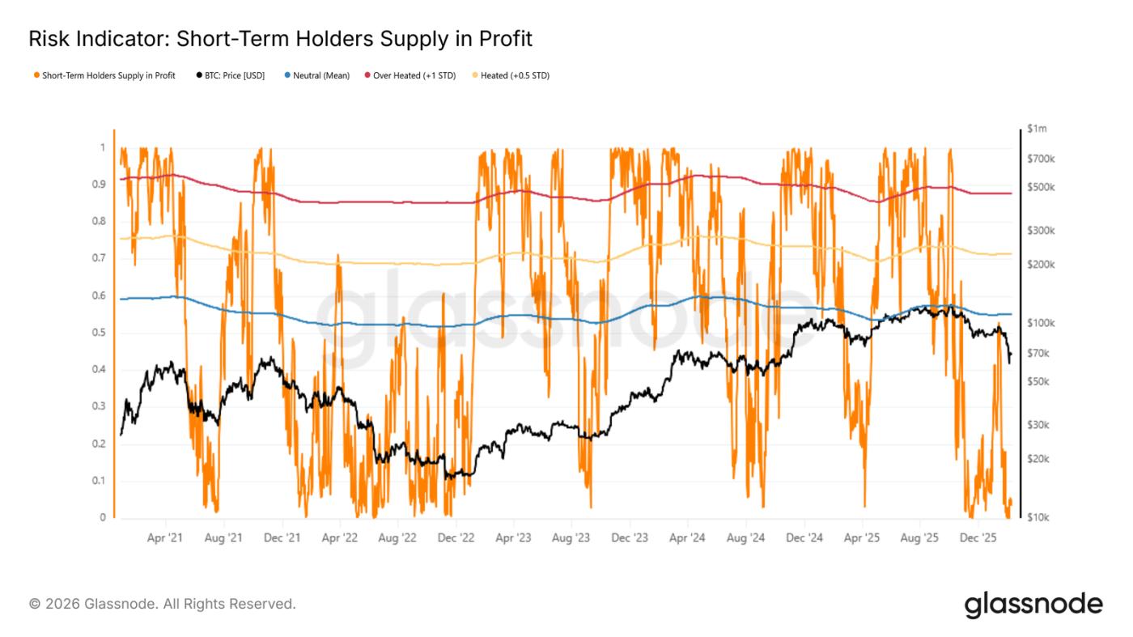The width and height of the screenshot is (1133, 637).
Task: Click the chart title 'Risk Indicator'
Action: pos(280,39)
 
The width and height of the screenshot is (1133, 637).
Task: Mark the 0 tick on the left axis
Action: pos(102,518)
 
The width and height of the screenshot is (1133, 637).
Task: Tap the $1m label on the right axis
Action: pos(1037,129)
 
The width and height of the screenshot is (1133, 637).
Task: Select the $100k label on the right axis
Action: pos(1040,323)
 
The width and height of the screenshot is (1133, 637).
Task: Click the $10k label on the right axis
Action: pos(1038,518)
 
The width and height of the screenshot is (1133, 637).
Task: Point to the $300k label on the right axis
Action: pos(1040,231)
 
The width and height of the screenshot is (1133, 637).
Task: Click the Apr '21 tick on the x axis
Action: pos(166,537)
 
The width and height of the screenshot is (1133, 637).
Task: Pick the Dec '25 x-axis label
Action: pos(978,537)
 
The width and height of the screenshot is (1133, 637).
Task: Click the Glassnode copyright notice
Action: pos(163,604)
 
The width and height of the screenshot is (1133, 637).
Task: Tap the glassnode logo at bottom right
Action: pos(1033,604)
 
